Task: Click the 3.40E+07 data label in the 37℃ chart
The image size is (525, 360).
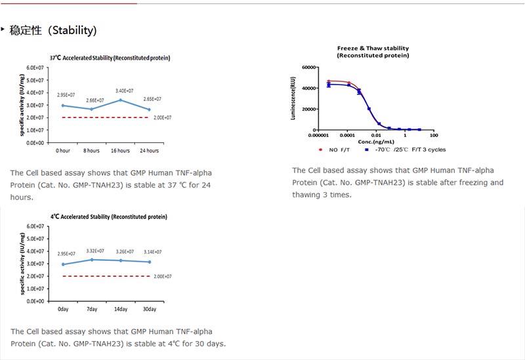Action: pos(124,90)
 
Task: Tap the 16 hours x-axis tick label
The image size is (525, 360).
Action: pos(121,150)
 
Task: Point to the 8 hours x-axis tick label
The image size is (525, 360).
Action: pos(93,150)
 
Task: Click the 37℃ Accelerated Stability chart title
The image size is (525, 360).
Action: pos(110,58)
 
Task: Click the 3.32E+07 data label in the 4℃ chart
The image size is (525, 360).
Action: pos(95,250)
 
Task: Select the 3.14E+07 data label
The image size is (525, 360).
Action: pos(152,252)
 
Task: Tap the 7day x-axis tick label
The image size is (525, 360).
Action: pos(92,309)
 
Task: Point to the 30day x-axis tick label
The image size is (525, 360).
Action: pos(149,309)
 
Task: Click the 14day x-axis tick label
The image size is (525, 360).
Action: pos(121,309)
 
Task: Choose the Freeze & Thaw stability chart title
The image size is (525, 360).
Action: pos(373,52)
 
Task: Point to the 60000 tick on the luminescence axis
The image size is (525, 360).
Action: pos(308,67)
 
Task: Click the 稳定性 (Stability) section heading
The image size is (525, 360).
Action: pos(53,30)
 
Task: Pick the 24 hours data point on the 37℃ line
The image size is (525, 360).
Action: pos(150,110)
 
